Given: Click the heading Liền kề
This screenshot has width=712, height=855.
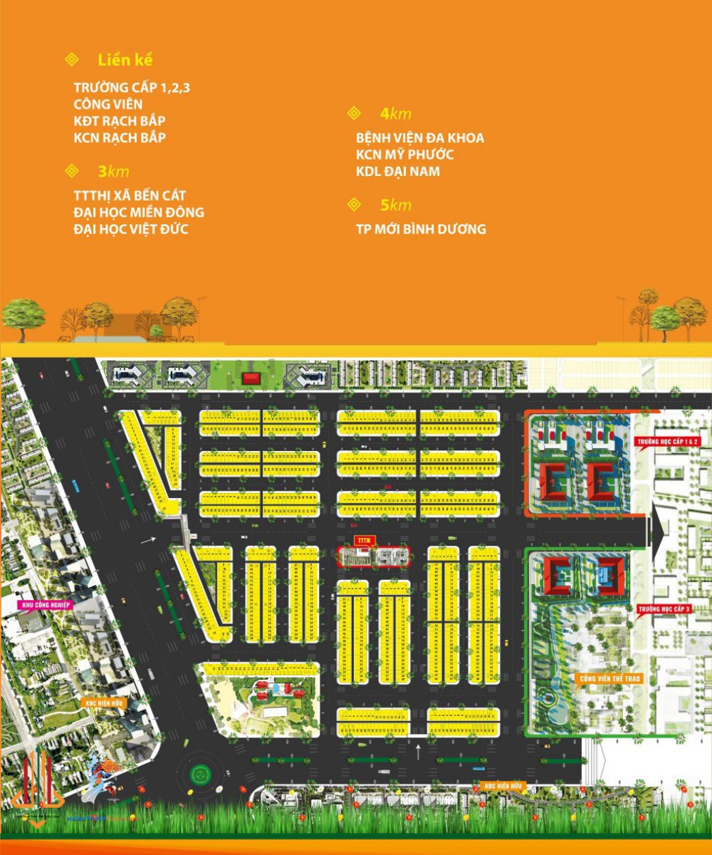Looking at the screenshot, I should click(x=126, y=59).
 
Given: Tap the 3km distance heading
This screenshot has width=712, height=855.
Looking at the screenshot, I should click(x=113, y=172).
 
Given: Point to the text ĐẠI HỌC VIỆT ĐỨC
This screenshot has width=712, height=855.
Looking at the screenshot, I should click(x=131, y=229).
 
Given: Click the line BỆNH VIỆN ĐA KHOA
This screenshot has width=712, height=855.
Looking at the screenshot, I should click(x=420, y=138).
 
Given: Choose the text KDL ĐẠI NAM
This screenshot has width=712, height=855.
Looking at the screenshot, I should click(x=398, y=172).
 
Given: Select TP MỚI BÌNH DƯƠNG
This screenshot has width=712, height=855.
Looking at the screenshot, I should click(x=421, y=229).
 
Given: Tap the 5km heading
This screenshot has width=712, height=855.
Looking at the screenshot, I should click(x=396, y=205).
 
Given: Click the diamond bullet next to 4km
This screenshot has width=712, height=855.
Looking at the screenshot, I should click(x=354, y=114).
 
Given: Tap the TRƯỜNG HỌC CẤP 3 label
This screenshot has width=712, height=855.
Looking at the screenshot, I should click(x=664, y=610).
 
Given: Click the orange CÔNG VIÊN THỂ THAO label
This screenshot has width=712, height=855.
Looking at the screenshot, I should click(x=611, y=679).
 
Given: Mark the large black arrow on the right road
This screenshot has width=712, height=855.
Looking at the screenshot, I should click(x=655, y=530).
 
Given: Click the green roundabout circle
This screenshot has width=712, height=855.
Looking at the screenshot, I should click(x=200, y=773).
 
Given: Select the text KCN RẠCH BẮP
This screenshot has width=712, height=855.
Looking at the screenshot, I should click(x=120, y=138).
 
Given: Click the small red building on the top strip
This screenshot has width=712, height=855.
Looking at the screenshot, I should click(x=251, y=379).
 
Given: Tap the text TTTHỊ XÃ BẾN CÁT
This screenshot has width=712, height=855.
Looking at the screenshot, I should click(x=130, y=195).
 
